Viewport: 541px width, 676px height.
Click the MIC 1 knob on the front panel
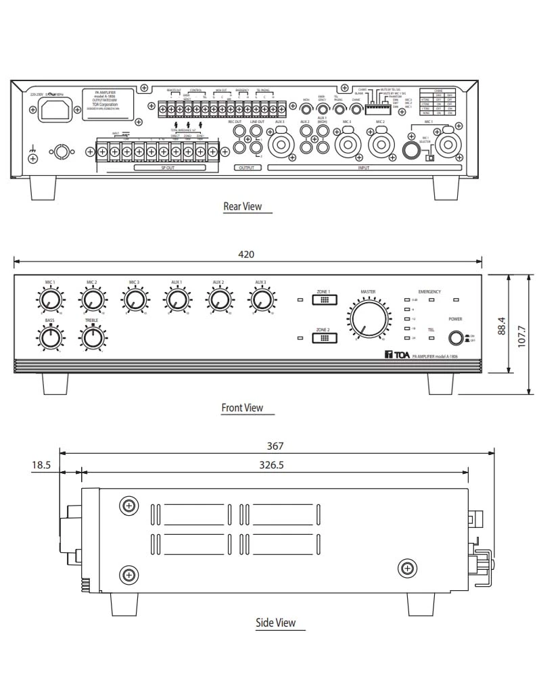coord(49,299)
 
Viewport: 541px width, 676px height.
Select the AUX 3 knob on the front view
coord(260,299)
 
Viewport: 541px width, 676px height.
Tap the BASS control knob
coord(49,335)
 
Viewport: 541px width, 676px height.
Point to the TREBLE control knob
coord(91,335)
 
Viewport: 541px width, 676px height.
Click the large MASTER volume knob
coord(368,318)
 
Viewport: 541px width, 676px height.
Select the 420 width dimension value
coord(248,255)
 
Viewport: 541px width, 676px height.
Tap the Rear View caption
coord(242,206)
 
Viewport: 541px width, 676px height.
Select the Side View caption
coord(275,623)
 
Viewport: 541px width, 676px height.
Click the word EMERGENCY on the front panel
coord(429,291)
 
